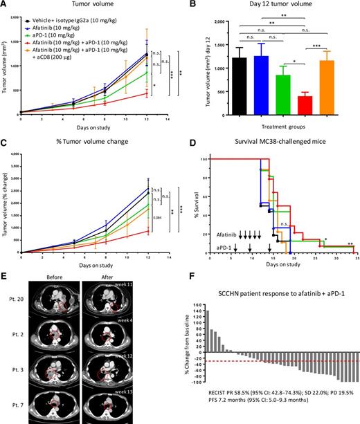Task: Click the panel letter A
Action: pos(6,5)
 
